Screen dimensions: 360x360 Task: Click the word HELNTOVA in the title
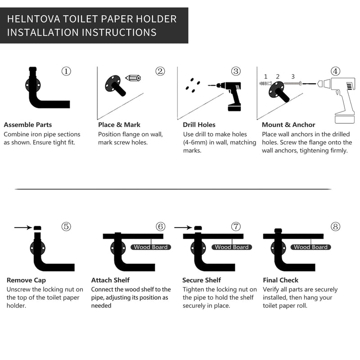tap(33, 19)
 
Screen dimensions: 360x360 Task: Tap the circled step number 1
tap(66, 71)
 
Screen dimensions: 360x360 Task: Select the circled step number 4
tap(335, 71)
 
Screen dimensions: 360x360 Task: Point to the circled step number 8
tap(335, 227)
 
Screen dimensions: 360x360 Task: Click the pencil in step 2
tap(133, 78)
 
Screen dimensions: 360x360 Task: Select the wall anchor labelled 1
tap(265, 84)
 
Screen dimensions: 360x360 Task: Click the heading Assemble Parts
tap(28, 125)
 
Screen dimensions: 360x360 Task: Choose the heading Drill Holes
tap(199, 125)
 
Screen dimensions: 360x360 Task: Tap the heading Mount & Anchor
tap(288, 125)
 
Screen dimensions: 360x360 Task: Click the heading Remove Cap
tap(26, 280)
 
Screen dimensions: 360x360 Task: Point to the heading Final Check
tap(280, 280)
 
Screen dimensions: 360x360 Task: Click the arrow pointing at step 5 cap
tap(23, 228)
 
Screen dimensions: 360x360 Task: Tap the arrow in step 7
tap(183, 228)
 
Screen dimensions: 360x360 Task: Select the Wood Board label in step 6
tap(151, 247)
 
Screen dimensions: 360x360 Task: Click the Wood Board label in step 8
tap(310, 247)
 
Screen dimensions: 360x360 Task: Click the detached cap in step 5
tap(37, 228)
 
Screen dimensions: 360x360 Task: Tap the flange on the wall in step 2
tap(113, 83)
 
